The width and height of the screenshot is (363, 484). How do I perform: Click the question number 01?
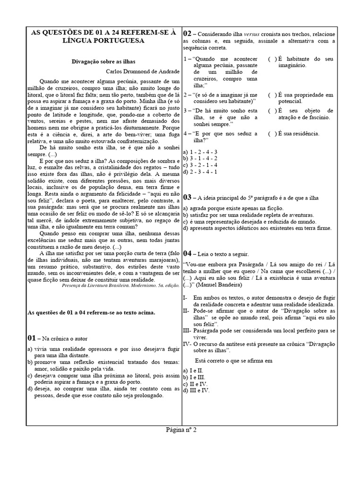tap(32, 338)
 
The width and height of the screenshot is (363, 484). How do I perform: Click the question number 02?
tap(187, 34)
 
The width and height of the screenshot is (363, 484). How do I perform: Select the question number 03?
tap(187, 197)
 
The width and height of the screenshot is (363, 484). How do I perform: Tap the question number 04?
tap(187, 253)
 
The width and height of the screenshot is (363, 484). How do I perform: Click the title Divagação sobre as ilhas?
tap(103, 61)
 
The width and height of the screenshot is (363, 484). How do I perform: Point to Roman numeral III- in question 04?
tap(187, 330)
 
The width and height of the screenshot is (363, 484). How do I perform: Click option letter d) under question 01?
tap(30, 389)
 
